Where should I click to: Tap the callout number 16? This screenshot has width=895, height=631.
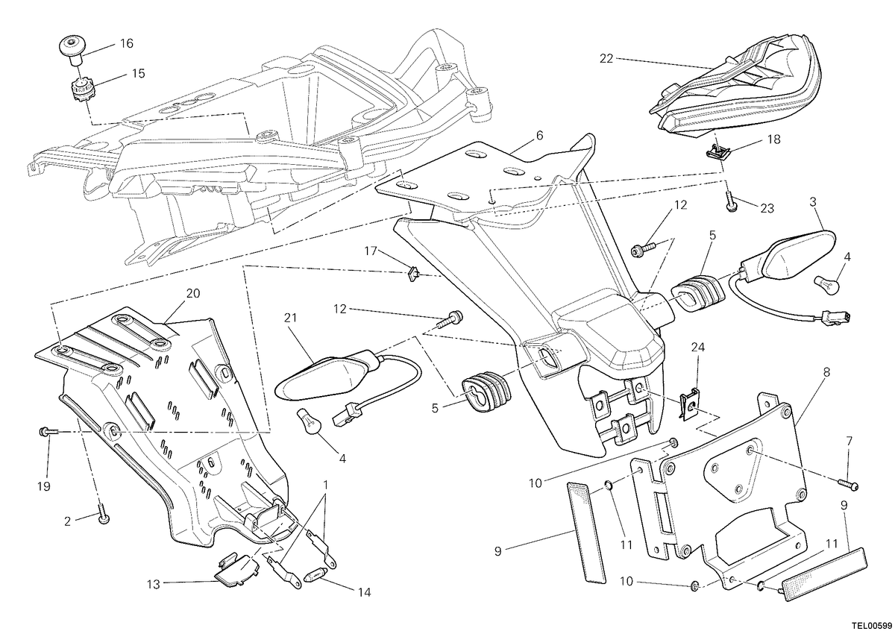(x=126, y=43)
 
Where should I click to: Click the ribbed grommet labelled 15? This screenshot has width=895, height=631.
(x=81, y=95)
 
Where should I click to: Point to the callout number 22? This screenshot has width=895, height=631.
(x=606, y=59)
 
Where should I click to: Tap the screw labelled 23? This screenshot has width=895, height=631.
(x=730, y=202)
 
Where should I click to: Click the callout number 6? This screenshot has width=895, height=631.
(x=540, y=136)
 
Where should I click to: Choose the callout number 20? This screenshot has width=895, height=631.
(x=193, y=293)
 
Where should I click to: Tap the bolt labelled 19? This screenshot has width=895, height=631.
(x=48, y=432)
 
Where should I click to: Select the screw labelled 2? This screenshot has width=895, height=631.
(x=103, y=513)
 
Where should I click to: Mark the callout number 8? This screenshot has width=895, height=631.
(x=826, y=372)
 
